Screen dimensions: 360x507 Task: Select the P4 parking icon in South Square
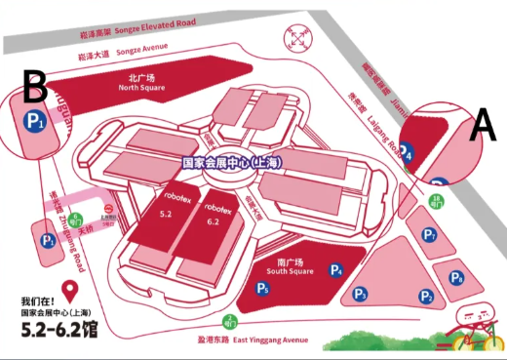[336, 270]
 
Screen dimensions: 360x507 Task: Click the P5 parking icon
[261, 289]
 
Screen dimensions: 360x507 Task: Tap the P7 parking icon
[430, 236]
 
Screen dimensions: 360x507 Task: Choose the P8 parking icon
[455, 277]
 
